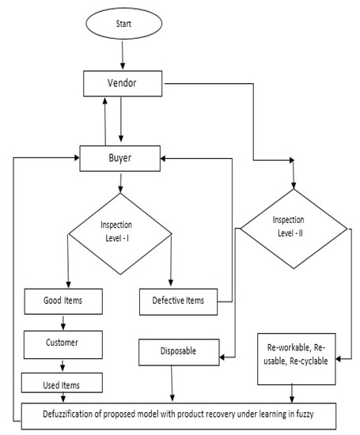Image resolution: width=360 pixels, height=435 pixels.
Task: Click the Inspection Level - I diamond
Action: point(120,234)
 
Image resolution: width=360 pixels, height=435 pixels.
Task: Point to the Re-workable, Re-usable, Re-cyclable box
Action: point(295,354)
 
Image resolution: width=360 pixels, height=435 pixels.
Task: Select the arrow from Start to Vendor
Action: point(123,57)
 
